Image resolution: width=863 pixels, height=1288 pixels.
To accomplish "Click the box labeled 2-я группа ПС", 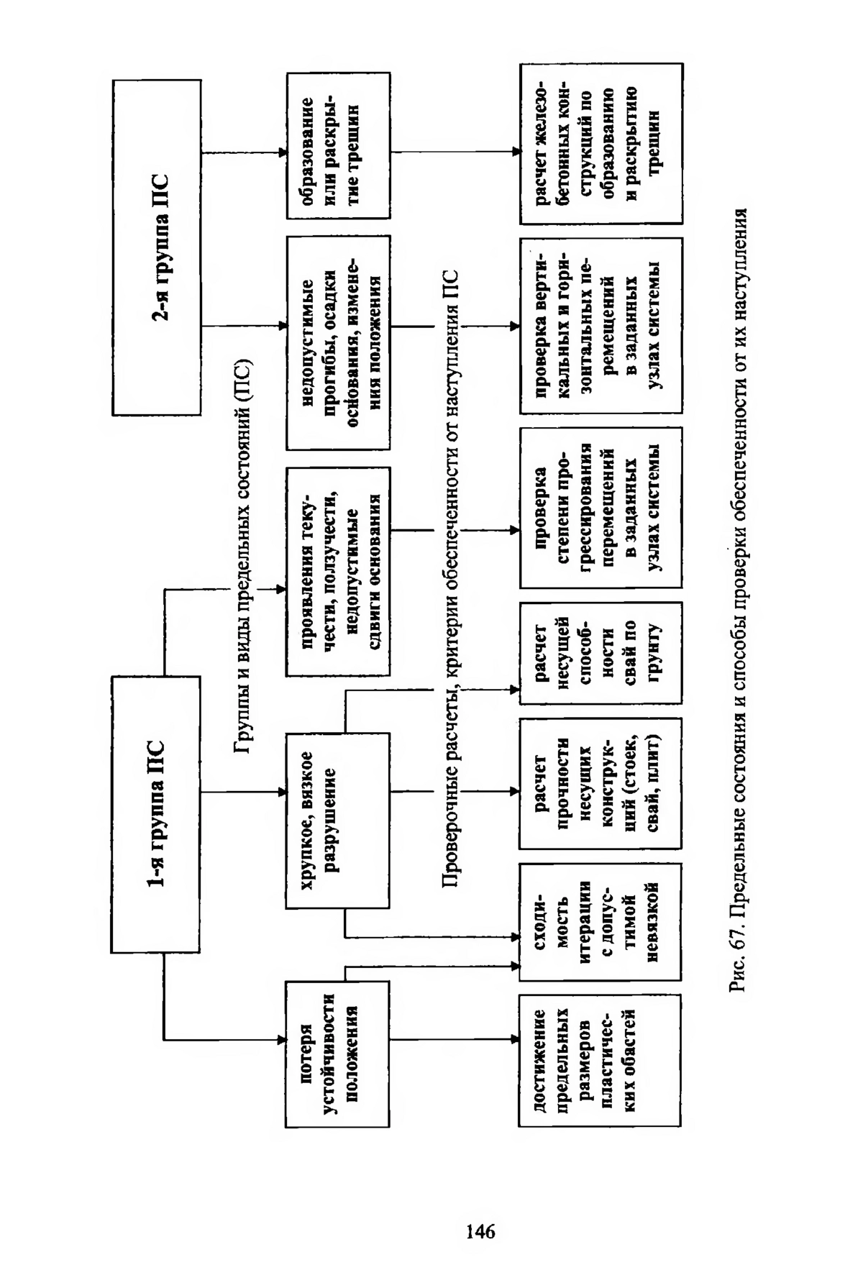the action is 157,247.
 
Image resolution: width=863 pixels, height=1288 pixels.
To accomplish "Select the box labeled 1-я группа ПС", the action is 155,814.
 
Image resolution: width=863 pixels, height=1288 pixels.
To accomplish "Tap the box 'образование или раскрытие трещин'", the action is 339,145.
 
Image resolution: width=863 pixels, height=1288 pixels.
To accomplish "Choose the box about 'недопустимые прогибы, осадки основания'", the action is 339,342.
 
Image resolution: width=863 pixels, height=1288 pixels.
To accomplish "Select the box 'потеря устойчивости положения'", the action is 338,1055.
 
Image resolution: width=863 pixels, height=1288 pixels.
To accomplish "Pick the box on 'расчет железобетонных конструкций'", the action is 601,144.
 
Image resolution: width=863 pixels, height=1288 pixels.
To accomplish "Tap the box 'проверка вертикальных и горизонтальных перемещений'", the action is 601,326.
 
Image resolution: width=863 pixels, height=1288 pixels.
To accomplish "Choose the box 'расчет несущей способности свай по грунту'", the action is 601,653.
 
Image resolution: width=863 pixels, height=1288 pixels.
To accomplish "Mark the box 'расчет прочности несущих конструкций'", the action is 601,783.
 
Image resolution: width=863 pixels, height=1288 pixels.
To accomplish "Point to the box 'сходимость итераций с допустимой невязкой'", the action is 601,922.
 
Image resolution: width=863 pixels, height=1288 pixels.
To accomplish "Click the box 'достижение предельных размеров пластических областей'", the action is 601,1060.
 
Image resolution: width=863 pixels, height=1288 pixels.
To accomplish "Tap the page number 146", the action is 480,1231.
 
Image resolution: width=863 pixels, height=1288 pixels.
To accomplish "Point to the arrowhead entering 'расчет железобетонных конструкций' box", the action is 516,152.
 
